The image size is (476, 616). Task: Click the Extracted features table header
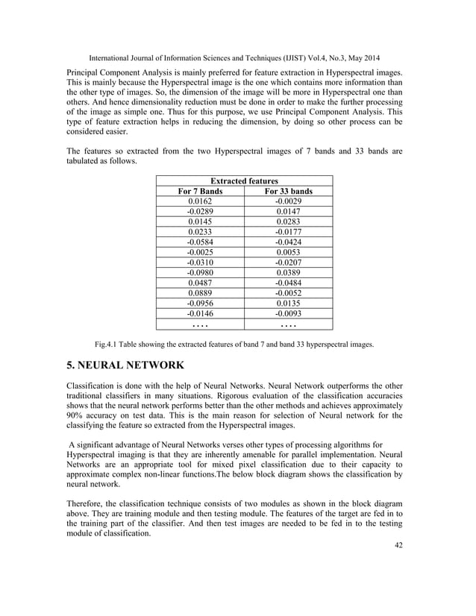tap(244, 181)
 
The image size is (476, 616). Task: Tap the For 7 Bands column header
tap(200, 192)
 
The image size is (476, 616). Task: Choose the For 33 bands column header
tap(288, 192)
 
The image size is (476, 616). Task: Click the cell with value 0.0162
tap(200, 201)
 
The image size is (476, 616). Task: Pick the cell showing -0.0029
tap(288, 201)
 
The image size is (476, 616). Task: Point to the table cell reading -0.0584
tap(200, 242)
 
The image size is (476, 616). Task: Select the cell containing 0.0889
tap(200, 293)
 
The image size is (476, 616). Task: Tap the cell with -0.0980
tap(200, 273)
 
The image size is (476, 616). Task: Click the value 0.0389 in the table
tap(288, 273)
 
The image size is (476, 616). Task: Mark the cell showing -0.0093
tap(288, 314)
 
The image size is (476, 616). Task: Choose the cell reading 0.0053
tap(288, 253)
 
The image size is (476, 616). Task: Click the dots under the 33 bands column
tap(288, 325)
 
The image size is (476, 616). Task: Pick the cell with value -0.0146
tap(200, 314)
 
